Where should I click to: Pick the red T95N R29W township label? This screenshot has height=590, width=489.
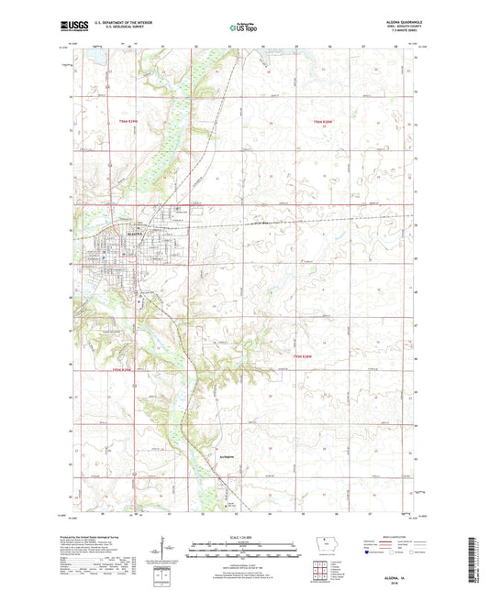123,369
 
